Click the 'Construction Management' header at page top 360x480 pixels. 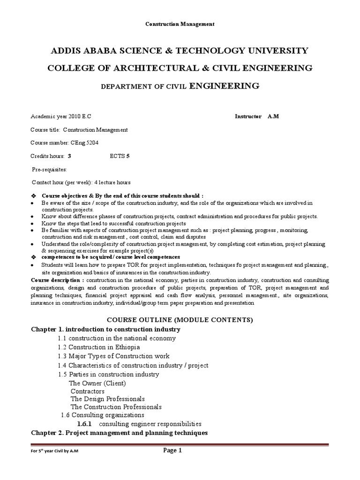180,24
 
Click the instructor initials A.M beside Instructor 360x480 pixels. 273,116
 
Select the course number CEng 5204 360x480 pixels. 85,142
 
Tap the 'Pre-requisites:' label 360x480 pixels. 49,169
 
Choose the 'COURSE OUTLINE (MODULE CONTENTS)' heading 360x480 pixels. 180,320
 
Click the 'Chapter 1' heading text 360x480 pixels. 105,329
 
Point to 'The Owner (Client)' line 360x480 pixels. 97,383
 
